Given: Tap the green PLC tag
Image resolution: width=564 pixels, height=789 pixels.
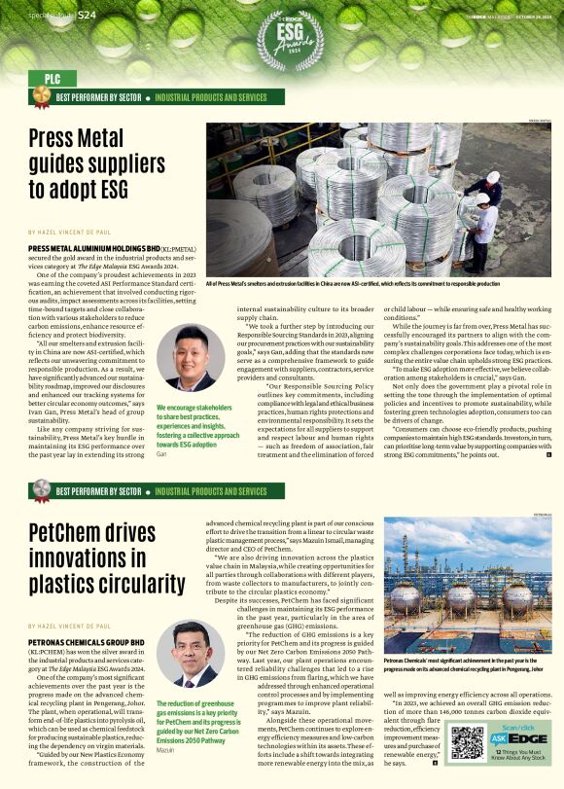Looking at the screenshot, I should [53, 78].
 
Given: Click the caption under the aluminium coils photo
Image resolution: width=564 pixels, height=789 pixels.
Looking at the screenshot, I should [351, 284].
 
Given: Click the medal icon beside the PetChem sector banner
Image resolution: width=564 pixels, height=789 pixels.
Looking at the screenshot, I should [40, 492].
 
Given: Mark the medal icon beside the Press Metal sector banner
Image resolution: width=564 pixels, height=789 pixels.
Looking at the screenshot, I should [40, 97].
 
